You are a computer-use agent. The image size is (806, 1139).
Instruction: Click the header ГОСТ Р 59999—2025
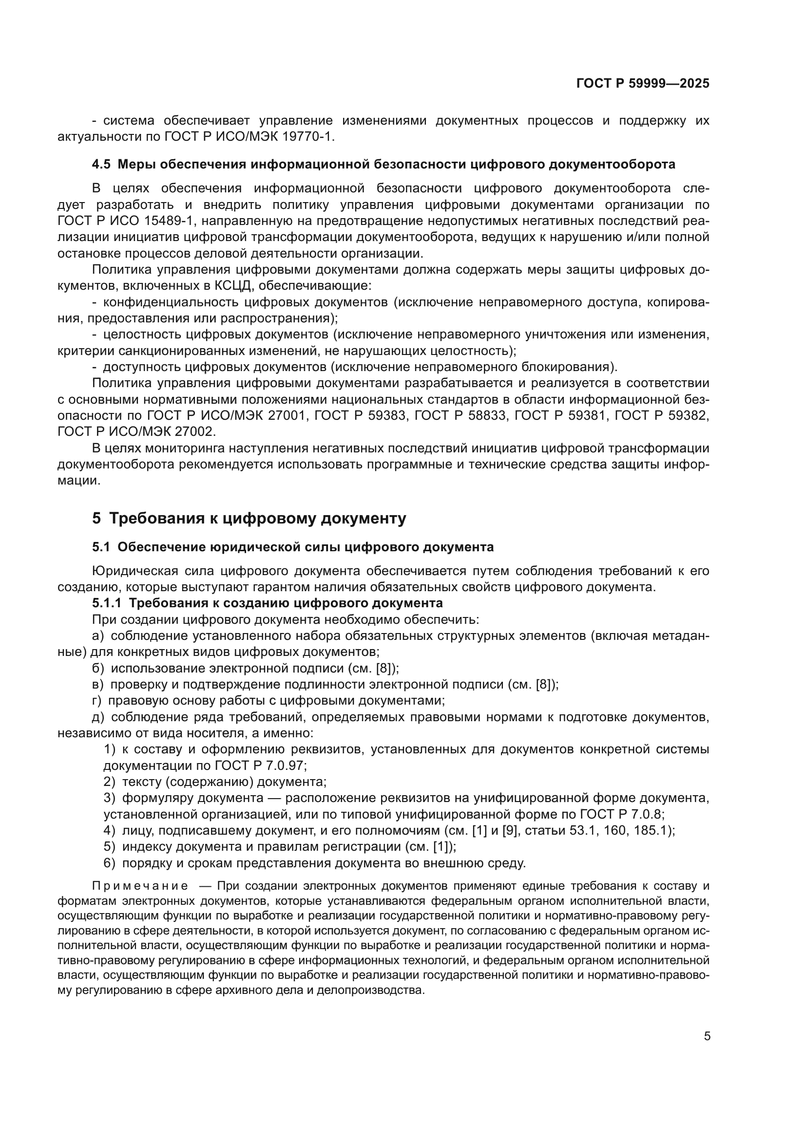643,83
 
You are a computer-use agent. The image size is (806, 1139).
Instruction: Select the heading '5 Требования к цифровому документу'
249,519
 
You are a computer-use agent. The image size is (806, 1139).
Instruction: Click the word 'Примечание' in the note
140,886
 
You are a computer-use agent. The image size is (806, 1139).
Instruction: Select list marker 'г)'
97,700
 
